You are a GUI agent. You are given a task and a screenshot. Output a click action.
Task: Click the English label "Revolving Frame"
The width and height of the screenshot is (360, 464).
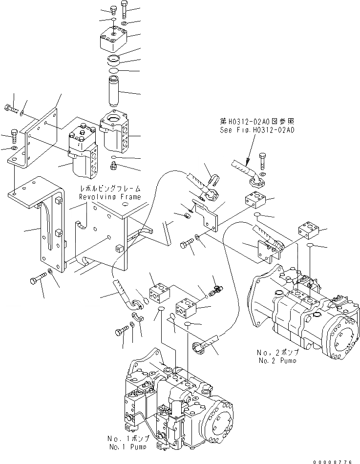point(110,197)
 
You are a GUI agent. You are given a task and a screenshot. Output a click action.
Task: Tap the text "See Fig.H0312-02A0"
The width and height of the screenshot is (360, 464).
point(251,130)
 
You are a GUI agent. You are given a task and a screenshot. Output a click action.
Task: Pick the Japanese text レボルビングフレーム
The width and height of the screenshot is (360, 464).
point(110,189)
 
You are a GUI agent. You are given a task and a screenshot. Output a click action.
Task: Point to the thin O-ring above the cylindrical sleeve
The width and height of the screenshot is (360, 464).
point(114,71)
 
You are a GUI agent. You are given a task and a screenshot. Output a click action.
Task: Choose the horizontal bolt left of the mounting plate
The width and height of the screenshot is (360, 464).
point(10,108)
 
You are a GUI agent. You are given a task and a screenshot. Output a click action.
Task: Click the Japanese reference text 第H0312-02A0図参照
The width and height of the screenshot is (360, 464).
point(251,121)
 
